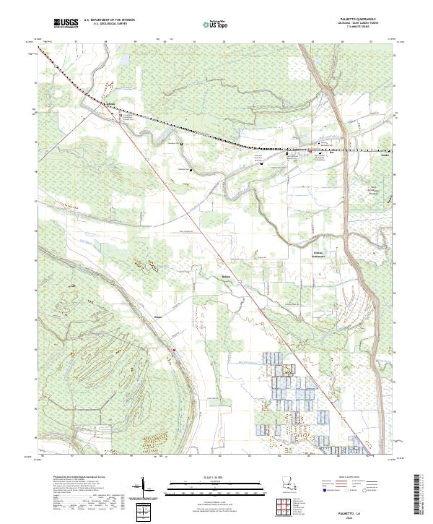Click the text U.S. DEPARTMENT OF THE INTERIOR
click(x=109, y=21)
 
